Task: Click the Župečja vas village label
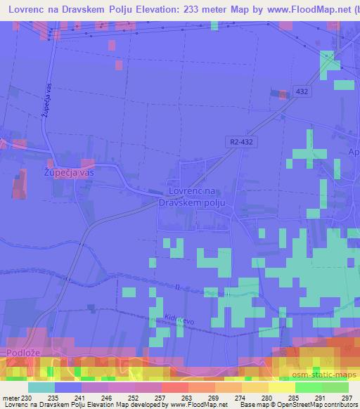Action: pos(69,171)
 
